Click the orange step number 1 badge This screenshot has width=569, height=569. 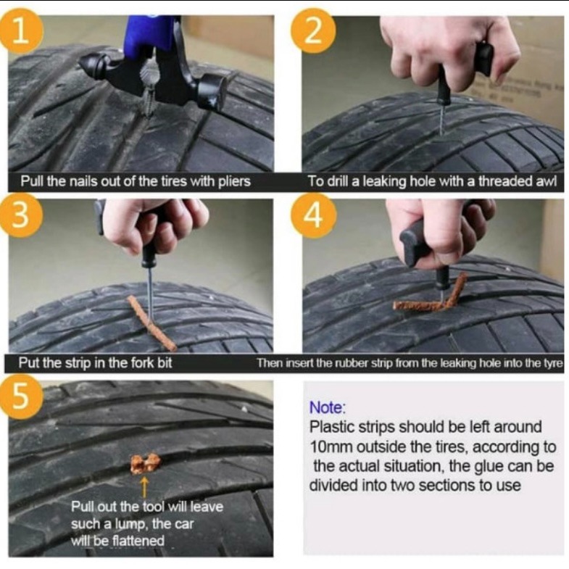tap(21, 31)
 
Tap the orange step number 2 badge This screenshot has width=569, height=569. tap(313, 31)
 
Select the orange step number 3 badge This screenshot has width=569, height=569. tap(21, 215)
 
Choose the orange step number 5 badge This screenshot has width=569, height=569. tap(21, 397)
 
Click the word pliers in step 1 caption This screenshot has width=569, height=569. tap(234, 181)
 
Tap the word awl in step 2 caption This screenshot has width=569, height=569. tap(548, 181)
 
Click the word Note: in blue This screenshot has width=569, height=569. tap(328, 407)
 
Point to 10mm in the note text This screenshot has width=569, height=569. tap(331, 447)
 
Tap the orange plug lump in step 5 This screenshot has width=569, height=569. tap(145, 463)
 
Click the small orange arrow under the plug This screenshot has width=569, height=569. tap(144, 487)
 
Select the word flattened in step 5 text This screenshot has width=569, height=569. tap(138, 541)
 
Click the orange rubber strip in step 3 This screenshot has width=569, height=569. tap(151, 323)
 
